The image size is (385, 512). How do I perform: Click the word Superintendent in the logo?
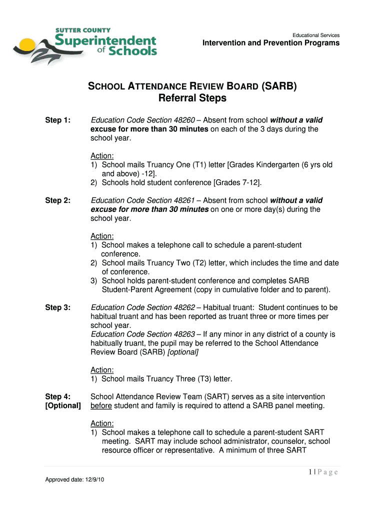click(105, 40)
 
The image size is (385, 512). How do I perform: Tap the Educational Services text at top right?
click(316, 35)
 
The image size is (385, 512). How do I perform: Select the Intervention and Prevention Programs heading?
click(270, 43)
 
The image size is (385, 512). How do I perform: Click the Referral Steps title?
click(192, 98)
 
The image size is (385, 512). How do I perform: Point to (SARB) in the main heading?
click(279, 86)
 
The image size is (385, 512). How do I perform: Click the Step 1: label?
click(58, 120)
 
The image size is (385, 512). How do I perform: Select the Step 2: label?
click(58, 200)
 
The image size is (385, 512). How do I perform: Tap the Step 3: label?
click(58, 307)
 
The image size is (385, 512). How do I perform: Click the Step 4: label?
click(58, 396)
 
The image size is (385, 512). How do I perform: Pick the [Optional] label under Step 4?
click(63, 405)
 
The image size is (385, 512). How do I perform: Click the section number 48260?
click(182, 120)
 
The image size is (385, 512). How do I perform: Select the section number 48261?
click(182, 200)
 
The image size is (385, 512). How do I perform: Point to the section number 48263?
click(182, 334)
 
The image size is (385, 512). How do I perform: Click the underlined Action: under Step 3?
click(102, 370)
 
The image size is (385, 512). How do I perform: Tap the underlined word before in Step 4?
click(100, 405)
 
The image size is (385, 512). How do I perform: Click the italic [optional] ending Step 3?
click(182, 352)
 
